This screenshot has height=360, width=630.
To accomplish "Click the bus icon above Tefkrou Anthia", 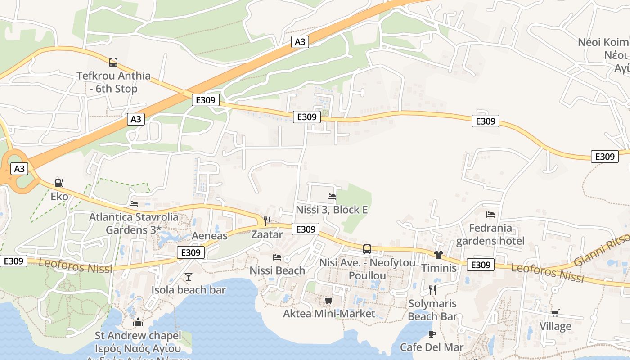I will point(113,62).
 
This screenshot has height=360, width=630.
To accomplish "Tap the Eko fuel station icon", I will point(59,183).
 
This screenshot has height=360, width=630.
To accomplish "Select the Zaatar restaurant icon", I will point(267,221).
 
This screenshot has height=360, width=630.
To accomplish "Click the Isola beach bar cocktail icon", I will point(189,276).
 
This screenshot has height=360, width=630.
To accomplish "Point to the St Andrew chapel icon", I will point(138,322).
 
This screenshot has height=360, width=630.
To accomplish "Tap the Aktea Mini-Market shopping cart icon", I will point(329,300).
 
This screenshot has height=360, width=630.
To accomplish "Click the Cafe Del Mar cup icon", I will point(432,334).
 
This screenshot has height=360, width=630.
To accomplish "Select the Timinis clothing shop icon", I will point(439,255).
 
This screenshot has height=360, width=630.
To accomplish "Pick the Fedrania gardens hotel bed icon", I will point(490,215).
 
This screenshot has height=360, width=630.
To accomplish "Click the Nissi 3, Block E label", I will point(332,210).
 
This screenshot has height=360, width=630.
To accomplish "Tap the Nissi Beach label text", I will point(277,270).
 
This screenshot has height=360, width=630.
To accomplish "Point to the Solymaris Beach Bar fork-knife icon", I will point(432,290).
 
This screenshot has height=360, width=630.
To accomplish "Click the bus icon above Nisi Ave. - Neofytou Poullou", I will point(367,249).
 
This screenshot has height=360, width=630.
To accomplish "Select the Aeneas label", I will point(210,236).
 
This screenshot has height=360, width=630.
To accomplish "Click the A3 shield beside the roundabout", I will point(19,169).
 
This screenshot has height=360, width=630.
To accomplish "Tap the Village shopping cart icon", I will point(555,313).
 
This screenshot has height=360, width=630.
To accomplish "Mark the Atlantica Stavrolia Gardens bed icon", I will point(134,203).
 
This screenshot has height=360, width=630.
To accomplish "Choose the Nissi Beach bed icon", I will point(277,257).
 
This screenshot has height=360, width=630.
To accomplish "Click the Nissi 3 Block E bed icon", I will point(332,196).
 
